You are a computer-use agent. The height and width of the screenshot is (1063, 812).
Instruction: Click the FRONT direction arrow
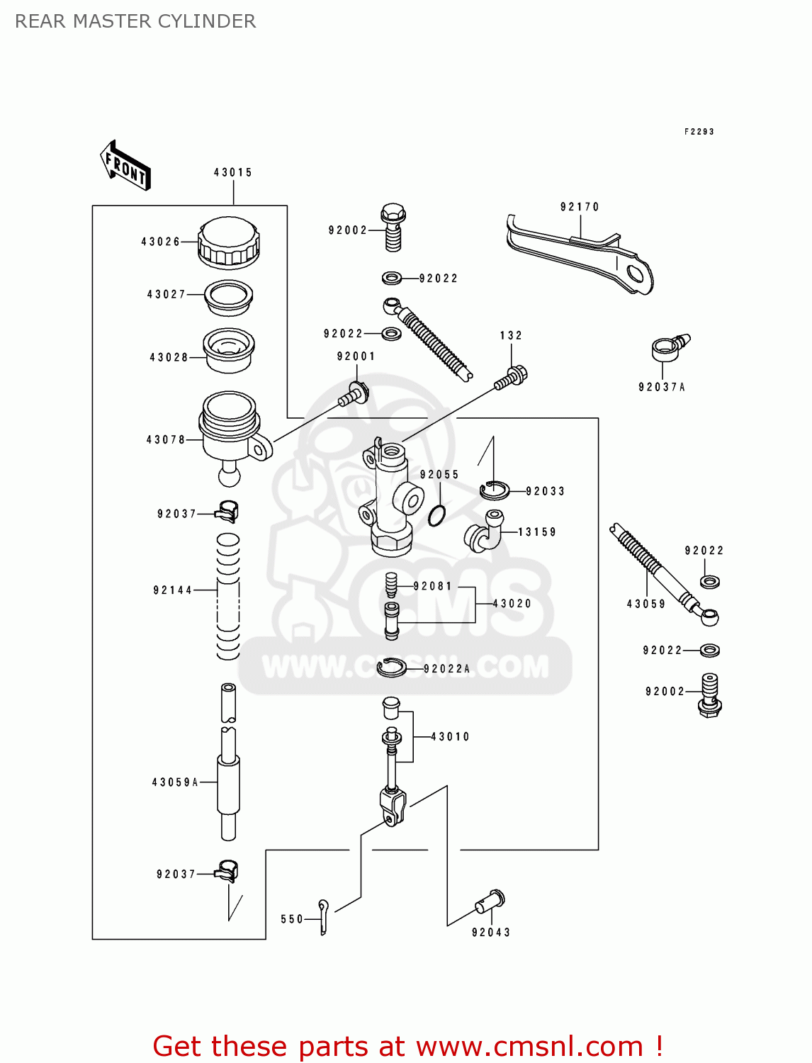click(125, 166)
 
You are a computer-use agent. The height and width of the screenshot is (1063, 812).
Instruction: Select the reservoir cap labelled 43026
click(228, 242)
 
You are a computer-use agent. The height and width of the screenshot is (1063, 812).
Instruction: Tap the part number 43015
click(233, 172)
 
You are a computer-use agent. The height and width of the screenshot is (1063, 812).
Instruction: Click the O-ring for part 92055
click(437, 515)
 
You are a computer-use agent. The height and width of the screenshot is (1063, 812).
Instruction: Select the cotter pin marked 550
click(323, 916)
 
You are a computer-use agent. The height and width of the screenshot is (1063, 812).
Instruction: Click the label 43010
click(450, 737)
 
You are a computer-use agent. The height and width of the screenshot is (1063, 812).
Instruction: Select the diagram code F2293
click(699, 132)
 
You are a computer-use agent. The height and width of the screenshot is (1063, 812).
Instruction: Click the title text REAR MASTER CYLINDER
click(135, 21)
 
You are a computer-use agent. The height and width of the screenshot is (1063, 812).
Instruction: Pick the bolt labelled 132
click(512, 377)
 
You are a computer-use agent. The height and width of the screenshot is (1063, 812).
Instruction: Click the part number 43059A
click(175, 782)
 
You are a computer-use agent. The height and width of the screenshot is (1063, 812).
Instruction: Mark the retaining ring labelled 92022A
click(391, 667)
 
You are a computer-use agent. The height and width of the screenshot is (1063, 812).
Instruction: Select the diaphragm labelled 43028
click(228, 349)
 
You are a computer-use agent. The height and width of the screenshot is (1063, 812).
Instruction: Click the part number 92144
click(173, 590)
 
